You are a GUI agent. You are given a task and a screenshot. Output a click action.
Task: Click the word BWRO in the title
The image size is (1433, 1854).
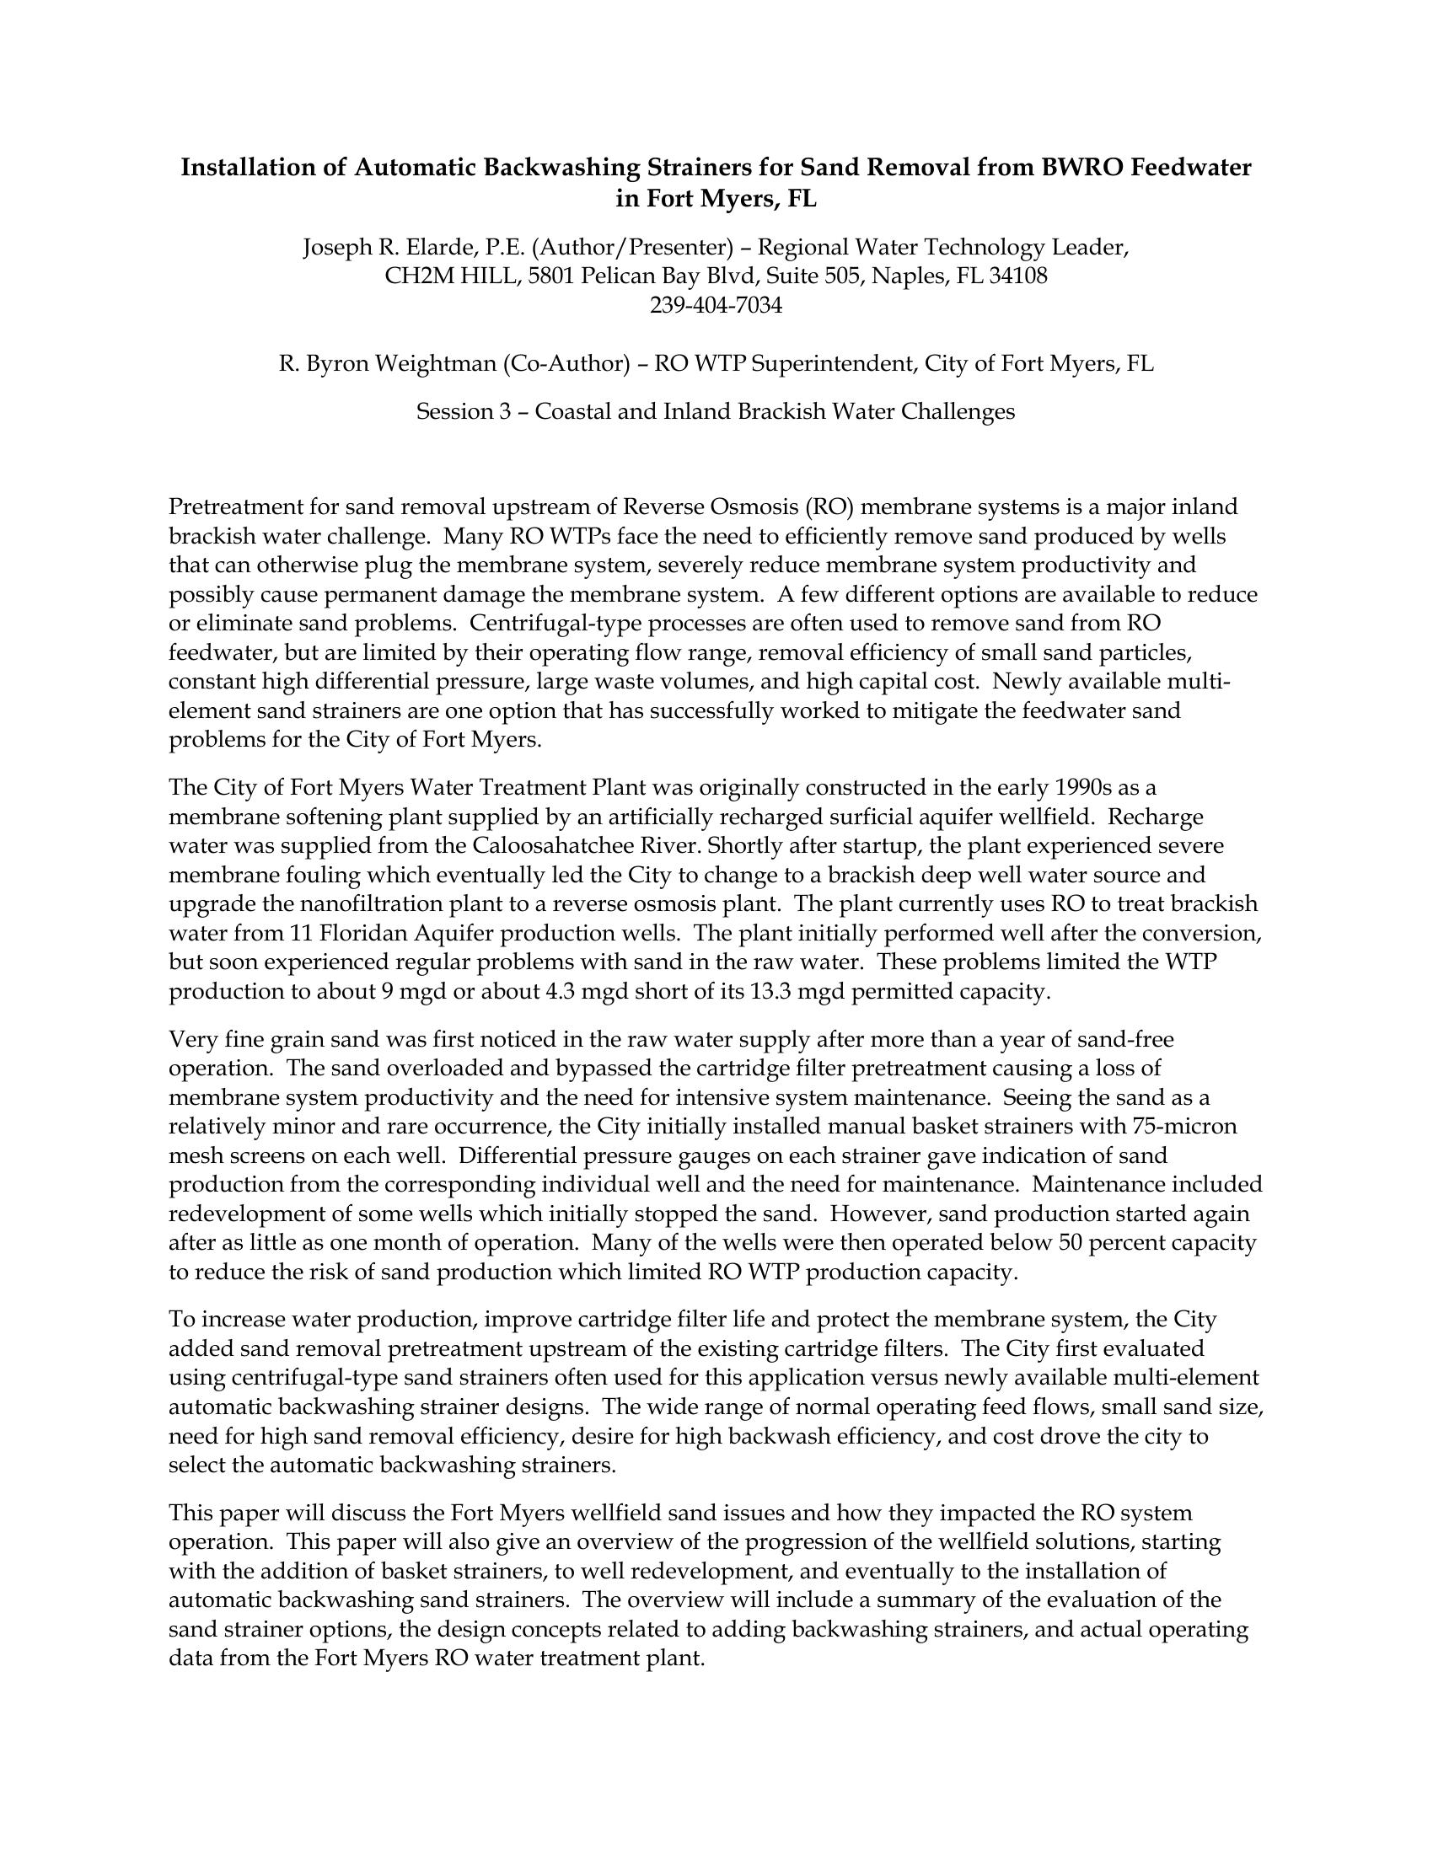[x=1081, y=167]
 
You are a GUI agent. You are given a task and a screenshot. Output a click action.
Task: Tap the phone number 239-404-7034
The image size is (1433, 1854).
[x=716, y=305]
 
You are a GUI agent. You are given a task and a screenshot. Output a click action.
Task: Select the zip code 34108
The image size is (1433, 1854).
[x=1018, y=276]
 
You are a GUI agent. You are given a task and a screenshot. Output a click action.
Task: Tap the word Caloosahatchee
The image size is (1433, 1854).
[x=545, y=846]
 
